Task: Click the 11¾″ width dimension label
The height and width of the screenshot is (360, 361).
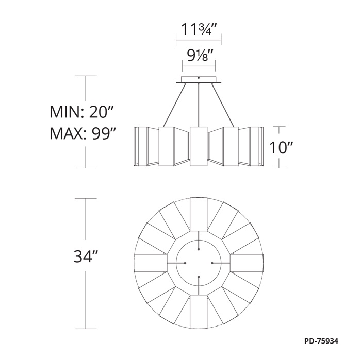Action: (x=199, y=29)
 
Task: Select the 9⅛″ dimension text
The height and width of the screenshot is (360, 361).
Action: (x=199, y=56)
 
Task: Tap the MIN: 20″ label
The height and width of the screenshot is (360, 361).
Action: (x=81, y=112)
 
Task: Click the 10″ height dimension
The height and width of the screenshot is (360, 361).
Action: (x=281, y=147)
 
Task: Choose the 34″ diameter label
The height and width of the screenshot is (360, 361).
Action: (x=84, y=256)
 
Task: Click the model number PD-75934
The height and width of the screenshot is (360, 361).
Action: (x=321, y=341)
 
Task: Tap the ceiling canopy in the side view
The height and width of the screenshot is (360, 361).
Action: (x=199, y=79)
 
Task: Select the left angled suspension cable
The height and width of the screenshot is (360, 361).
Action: (x=174, y=105)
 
